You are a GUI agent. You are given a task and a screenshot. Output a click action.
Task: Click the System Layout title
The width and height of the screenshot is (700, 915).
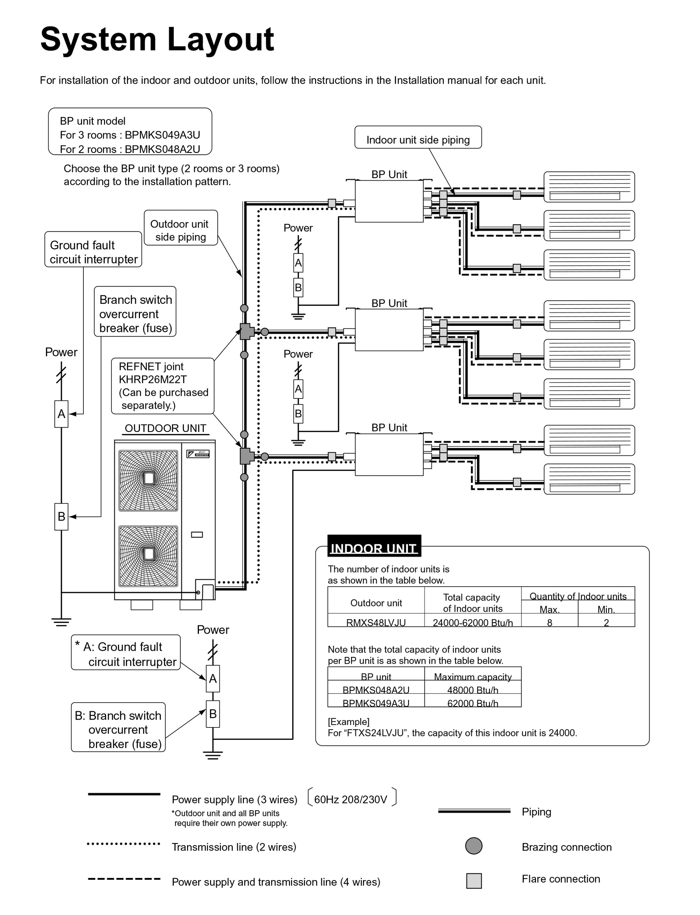pyautogui.click(x=157, y=39)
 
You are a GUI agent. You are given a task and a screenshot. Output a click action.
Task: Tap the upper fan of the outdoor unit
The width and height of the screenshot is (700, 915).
pyautogui.click(x=148, y=480)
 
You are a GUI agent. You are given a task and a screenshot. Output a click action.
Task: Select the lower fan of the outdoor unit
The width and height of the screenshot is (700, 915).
pyautogui.click(x=148, y=556)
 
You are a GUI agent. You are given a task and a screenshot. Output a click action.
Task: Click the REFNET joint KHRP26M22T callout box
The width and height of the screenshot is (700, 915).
pyautogui.click(x=163, y=386)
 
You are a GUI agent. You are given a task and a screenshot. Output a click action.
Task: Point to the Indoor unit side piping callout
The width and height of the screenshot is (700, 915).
pyautogui.click(x=418, y=140)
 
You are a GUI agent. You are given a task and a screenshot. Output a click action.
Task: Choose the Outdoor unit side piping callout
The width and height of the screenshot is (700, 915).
pyautogui.click(x=181, y=230)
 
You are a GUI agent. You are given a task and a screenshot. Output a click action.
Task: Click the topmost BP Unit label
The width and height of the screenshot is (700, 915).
pyautogui.click(x=389, y=174)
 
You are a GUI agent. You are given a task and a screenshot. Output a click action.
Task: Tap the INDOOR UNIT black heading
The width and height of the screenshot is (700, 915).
pyautogui.click(x=374, y=548)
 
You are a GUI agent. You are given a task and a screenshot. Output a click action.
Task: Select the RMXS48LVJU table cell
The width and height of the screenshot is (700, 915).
pyautogui.click(x=376, y=622)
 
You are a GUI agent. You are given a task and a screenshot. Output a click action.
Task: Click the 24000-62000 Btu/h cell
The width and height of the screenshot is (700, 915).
pyautogui.click(x=473, y=622)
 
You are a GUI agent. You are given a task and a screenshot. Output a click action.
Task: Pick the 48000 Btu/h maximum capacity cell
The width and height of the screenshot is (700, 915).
pyautogui.click(x=473, y=690)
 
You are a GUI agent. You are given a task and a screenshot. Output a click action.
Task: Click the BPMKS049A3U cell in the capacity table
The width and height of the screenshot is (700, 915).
pyautogui.click(x=376, y=703)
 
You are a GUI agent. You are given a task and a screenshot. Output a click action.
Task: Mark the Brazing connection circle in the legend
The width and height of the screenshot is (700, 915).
pyautogui.click(x=474, y=846)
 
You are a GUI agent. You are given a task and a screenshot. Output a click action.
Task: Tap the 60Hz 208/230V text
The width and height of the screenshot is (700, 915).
pyautogui.click(x=350, y=799)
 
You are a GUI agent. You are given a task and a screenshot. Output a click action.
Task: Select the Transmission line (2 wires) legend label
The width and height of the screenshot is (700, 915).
pyautogui.click(x=234, y=847)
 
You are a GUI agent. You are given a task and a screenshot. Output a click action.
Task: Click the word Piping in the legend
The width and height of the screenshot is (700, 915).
pyautogui.click(x=536, y=811)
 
